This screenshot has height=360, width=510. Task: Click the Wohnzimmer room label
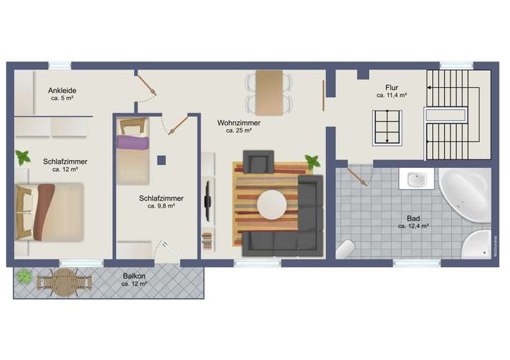pos(239,123)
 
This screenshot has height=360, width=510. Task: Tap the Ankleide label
pos(62,91)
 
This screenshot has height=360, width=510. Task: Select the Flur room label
pos(392,87)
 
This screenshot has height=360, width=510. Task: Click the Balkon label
pos(134,276)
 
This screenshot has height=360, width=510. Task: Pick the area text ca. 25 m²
pos(239,130)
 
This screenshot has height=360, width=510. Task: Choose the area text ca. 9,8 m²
pos(161,206)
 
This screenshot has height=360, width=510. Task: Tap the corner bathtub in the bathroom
pos(465,193)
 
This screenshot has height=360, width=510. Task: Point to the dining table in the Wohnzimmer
pos(268,93)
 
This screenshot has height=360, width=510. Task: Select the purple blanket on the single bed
pos(133,143)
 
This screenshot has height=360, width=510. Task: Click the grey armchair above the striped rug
pos(258,161)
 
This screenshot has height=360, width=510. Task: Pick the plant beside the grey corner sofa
pos(312,162)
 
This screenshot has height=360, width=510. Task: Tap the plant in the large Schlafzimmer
pos(23,157)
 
